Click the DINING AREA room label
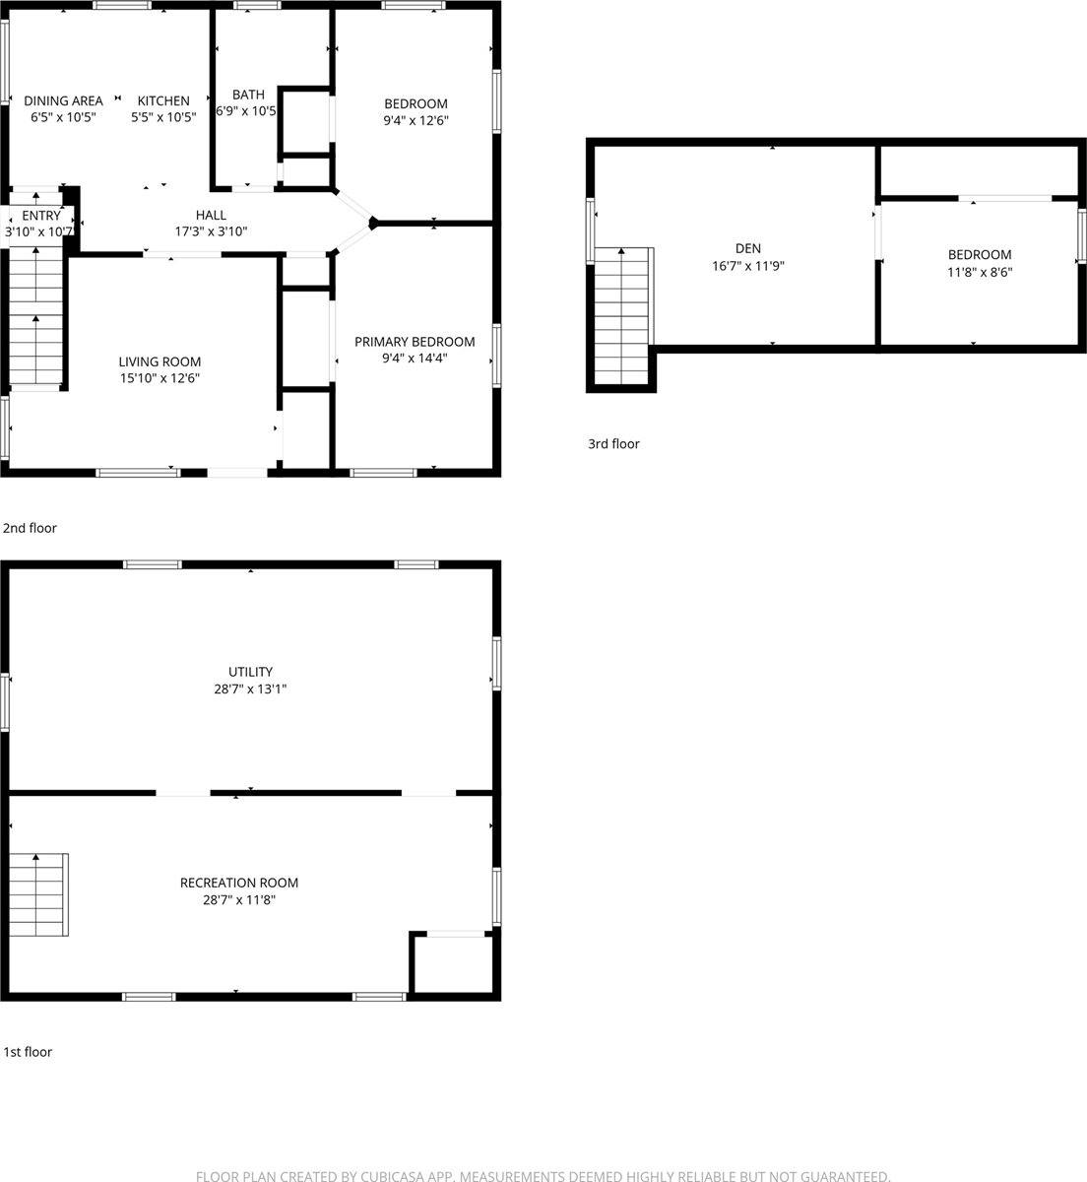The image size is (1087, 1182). pos(63,100)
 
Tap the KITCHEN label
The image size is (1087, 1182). pos(163,100)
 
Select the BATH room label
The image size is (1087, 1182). pos(248,95)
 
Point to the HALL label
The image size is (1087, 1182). pos(211,215)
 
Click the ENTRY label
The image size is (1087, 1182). pos(40,216)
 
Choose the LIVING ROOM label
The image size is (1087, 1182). pos(160,361)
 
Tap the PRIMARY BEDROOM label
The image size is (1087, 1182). pos(415,342)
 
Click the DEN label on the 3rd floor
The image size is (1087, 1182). pos(748,248)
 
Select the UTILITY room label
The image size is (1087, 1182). pos(250,672)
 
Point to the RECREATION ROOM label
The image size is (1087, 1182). pos(238,883)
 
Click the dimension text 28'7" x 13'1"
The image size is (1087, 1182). pos(250,689)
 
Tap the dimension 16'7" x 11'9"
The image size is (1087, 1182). pos(748,265)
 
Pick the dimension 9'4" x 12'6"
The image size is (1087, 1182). pos(416,120)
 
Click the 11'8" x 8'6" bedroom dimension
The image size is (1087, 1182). pos(980,271)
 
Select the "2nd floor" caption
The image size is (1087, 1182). pos(31,528)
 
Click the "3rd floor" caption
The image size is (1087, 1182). pos(613,443)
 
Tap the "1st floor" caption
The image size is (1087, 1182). pos(28,1052)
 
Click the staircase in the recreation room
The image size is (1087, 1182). pos(38,894)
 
